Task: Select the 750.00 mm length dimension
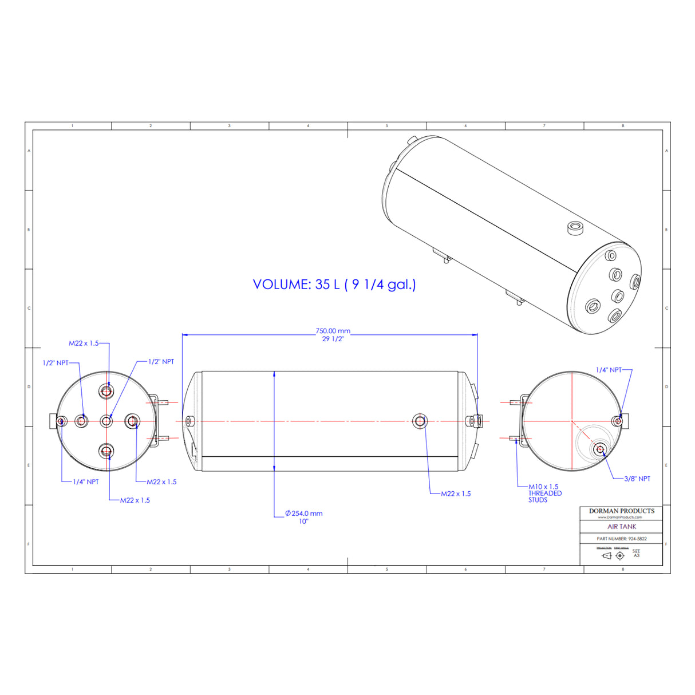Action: [x=333, y=331]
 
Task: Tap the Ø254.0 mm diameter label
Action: [x=304, y=514]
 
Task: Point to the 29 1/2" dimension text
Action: [x=333, y=339]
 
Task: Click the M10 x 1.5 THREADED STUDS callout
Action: [x=544, y=493]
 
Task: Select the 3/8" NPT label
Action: [x=637, y=479]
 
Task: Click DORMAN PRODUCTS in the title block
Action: [x=621, y=511]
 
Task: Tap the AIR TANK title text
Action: [x=621, y=527]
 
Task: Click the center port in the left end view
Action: [x=106, y=421]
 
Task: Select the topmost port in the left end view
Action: [x=106, y=392]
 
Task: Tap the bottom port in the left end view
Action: [x=106, y=451]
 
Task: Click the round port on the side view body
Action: [x=420, y=421]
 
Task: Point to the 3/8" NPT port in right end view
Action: [x=600, y=449]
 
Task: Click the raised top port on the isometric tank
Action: [x=575, y=228]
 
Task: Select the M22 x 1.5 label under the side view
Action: [x=456, y=493]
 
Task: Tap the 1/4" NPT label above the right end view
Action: [x=609, y=370]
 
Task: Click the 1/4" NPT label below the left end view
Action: [x=85, y=482]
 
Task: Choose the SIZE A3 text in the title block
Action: [x=636, y=554]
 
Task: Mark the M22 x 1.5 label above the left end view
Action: [x=84, y=343]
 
